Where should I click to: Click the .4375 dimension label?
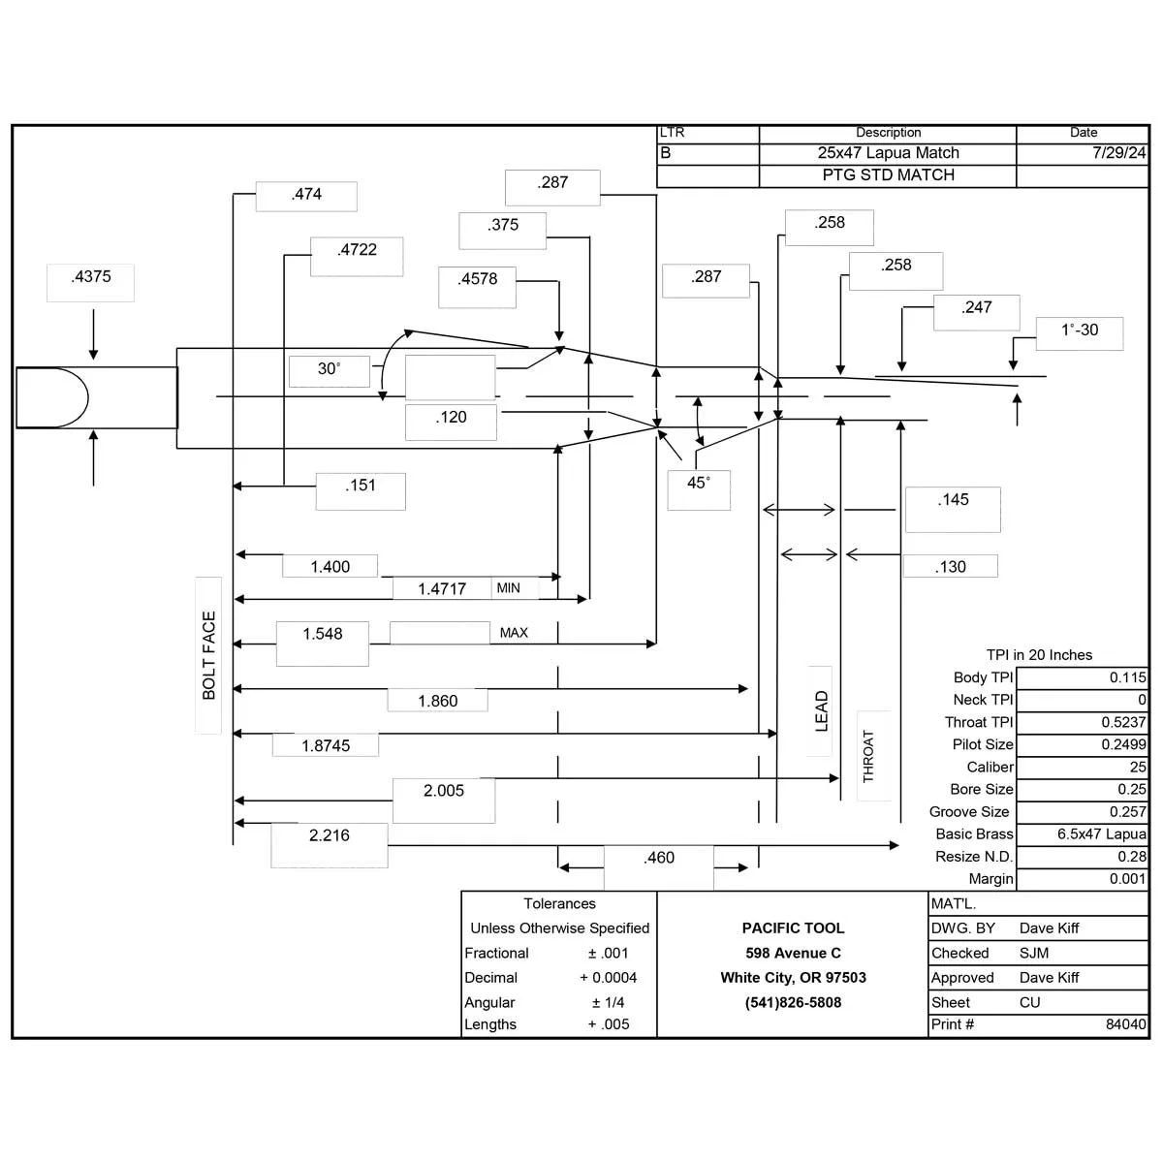91,277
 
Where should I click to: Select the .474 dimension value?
306,195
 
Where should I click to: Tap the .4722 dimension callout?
358,250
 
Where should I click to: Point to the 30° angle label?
329,368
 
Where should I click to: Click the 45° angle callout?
698,483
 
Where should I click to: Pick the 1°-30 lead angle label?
1080,330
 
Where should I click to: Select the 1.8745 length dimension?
326,746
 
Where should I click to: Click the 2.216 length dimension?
329,835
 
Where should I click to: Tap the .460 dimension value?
658,858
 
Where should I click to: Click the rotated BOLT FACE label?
208,655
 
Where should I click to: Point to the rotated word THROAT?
867,756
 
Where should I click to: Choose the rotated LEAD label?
822,711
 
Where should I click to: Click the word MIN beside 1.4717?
508,588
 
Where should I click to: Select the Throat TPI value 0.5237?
1123,722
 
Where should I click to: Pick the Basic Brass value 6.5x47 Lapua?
1101,833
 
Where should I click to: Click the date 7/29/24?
1119,153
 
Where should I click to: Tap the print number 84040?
1125,1024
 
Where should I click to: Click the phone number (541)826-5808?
793,1002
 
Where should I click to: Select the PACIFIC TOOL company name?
793,928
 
